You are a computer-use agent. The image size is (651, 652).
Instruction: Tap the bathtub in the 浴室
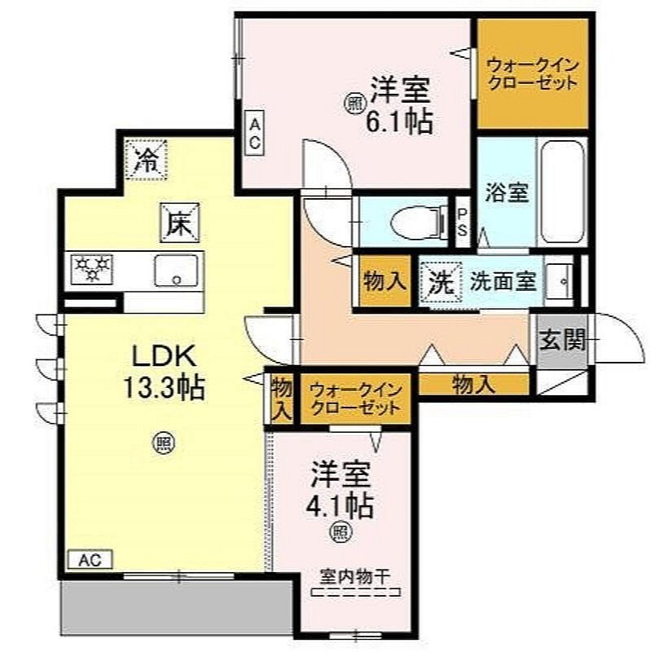coord(562,192)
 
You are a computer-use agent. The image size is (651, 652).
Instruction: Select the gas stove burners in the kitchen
coord(92,269)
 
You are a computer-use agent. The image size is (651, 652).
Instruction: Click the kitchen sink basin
coord(176,271)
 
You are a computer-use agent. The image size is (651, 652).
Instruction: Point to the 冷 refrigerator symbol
coord(147,160)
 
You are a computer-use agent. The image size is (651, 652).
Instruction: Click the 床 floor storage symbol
coord(179,223)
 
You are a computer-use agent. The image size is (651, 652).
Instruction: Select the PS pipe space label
coord(462,222)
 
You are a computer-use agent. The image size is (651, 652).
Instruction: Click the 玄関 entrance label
coord(561,340)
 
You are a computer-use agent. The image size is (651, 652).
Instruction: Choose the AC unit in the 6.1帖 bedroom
coord(254,133)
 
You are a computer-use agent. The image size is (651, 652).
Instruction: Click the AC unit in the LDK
coord(90,560)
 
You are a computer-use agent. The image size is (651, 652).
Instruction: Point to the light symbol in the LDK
coord(165,443)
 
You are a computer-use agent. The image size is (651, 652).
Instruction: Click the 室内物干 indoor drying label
coord(355,577)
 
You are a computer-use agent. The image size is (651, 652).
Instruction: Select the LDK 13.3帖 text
coord(165,372)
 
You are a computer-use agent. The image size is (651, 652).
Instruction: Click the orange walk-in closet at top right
coord(533,73)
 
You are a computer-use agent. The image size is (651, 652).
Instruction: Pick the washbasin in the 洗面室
coord(560,281)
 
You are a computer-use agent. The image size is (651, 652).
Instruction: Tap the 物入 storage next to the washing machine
coord(385,280)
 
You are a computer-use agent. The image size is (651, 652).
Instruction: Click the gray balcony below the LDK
coord(177,607)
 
